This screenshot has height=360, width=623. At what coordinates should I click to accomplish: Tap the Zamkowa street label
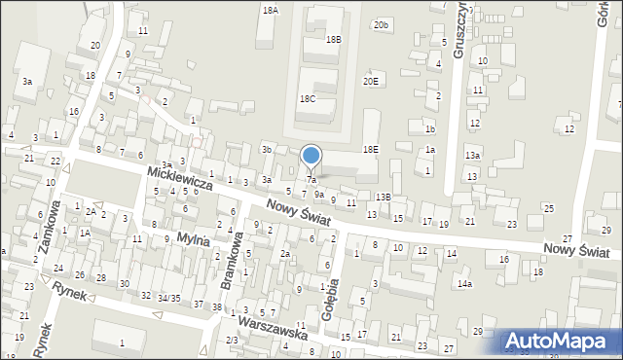click(48, 227)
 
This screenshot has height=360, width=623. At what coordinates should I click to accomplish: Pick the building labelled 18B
click(334, 40)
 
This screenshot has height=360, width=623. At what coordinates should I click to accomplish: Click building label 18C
click(308, 99)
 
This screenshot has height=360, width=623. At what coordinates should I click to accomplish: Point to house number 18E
click(371, 149)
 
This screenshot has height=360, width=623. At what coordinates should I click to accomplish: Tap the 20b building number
click(382, 24)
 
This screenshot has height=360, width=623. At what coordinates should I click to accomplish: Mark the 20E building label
click(371, 81)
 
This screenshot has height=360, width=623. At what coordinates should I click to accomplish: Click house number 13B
click(384, 197)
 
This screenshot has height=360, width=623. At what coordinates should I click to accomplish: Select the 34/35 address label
click(168, 298)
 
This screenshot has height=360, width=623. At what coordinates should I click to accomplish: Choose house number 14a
click(465, 283)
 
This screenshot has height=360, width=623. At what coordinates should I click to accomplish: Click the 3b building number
click(266, 149)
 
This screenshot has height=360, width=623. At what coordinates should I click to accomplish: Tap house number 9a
click(318, 194)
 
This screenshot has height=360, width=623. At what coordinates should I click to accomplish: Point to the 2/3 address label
click(231, 339)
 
